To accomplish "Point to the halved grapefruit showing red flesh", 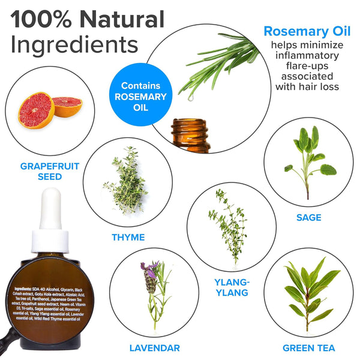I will pos(36,110).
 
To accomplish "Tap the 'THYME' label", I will pos(128,237).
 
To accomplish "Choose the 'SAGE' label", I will pos(308,217).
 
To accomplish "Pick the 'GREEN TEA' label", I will pos(310,347).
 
